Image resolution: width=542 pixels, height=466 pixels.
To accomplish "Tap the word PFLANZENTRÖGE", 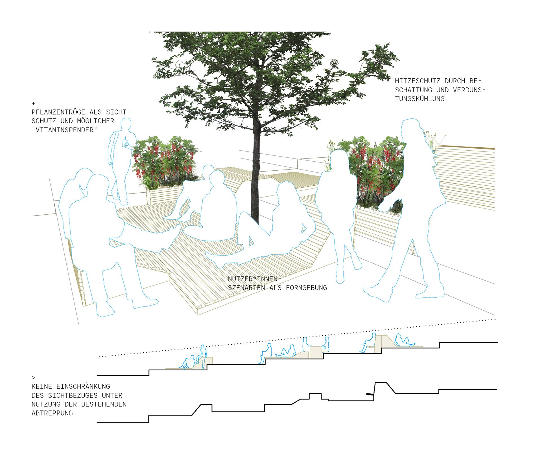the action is [x=58, y=112].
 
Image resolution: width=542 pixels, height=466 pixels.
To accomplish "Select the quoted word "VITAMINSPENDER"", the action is [x=64, y=130].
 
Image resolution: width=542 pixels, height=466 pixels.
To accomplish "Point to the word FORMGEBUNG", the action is [x=306, y=288].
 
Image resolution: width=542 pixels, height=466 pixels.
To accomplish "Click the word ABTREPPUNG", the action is [x=52, y=413].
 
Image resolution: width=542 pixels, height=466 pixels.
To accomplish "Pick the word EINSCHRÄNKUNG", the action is [x=83, y=386].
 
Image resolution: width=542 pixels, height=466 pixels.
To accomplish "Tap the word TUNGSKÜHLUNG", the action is [x=420, y=99].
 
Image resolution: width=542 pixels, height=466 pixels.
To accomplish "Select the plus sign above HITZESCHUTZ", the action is [x=397, y=72].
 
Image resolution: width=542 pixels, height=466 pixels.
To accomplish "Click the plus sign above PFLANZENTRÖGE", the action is [x=34, y=104].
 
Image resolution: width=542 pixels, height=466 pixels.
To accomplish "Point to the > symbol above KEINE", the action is [x=34, y=378].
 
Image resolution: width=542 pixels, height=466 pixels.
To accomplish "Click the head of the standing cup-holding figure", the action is [x=126, y=123].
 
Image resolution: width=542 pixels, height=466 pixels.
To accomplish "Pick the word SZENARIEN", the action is [x=246, y=288].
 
